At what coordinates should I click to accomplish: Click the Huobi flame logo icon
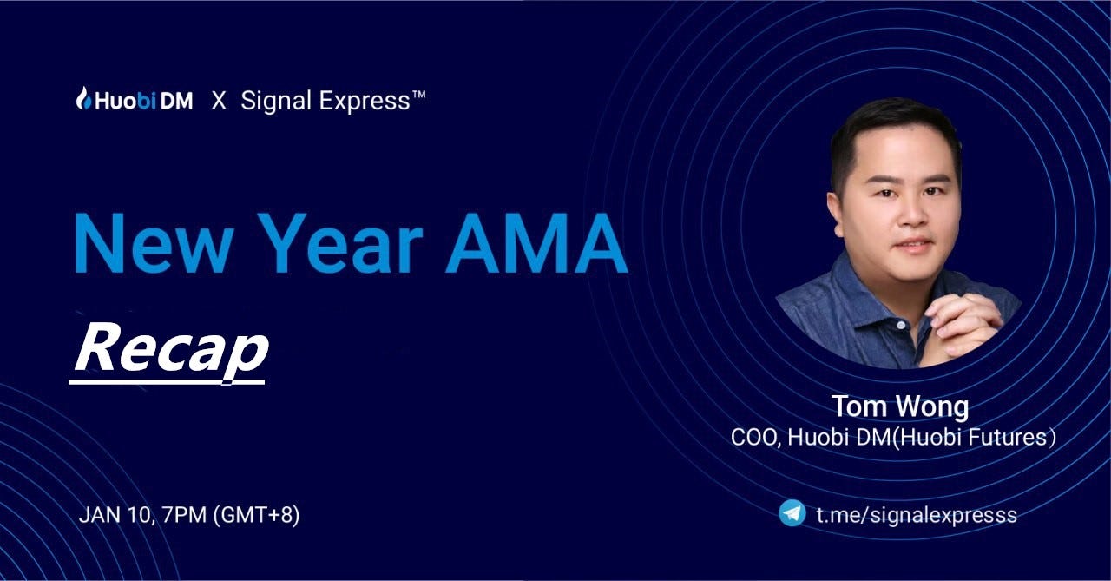[84, 98]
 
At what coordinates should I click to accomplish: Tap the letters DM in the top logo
[176, 102]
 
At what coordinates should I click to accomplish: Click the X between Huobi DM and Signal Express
[219, 102]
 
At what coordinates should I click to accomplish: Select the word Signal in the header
[276, 102]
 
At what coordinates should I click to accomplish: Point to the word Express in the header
[365, 102]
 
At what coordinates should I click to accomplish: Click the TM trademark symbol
[418, 95]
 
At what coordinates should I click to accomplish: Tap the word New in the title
[154, 243]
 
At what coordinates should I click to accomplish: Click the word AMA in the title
[536, 243]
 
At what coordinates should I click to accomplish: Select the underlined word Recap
[171, 350]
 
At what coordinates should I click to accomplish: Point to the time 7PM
[183, 515]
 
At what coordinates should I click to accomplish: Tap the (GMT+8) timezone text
[256, 516]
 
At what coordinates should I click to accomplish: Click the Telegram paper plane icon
[792, 513]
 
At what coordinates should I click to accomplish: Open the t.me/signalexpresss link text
[917, 515]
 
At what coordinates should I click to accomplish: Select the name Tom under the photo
[859, 406]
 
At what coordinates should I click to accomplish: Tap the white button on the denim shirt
[901, 325]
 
